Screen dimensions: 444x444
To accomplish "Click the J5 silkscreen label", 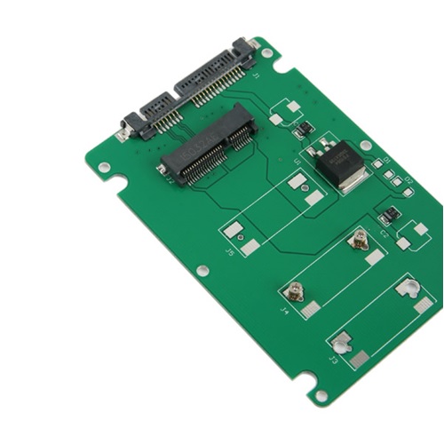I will coord(231,255).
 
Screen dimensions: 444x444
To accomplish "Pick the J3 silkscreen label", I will coord(334,361).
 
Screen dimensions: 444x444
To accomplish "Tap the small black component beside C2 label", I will coord(388,216).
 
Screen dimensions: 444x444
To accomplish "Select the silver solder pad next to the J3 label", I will coord(359,361).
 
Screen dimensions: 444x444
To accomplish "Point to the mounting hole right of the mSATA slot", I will coord(365,146).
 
